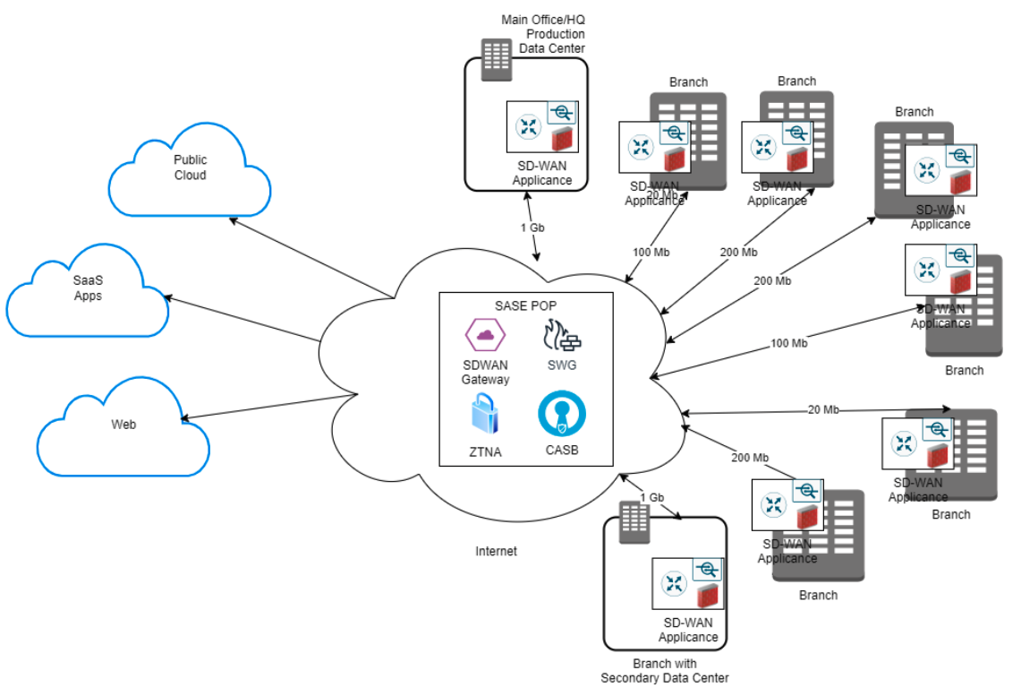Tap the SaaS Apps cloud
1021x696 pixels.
(88, 288)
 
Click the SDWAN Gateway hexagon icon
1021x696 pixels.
(485, 336)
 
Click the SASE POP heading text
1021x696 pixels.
(525, 305)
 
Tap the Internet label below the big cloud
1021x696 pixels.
(496, 552)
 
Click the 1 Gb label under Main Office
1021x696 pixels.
(532, 228)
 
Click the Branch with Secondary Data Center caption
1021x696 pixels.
(665, 671)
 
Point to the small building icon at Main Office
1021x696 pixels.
(495, 58)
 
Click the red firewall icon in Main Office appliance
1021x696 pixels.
(562, 139)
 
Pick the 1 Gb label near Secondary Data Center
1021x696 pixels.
(651, 498)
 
